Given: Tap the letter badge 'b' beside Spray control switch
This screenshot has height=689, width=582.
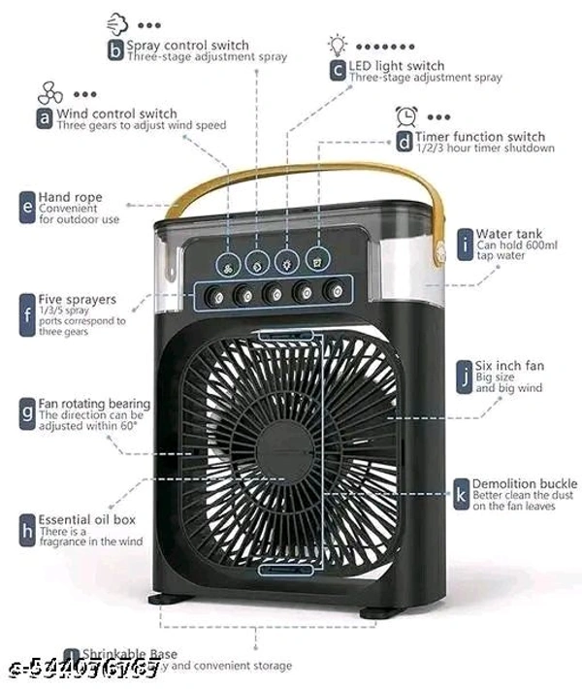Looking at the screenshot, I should pos(115,50).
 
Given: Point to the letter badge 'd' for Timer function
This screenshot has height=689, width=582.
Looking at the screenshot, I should pos(404,142).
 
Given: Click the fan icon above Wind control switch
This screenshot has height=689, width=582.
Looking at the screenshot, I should pos(50,94).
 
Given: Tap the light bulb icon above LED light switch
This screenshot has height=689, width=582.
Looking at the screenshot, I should pos(337,44).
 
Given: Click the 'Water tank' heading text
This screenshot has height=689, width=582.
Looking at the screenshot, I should pos(509,234).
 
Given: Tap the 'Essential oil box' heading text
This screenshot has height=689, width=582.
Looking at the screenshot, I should pos(87,519).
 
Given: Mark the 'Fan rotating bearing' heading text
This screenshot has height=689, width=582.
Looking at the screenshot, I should pos(94,403).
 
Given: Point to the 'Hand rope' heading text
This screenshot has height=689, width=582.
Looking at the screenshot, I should pos(70,197).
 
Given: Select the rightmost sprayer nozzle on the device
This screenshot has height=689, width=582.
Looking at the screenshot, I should pos(336,289).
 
